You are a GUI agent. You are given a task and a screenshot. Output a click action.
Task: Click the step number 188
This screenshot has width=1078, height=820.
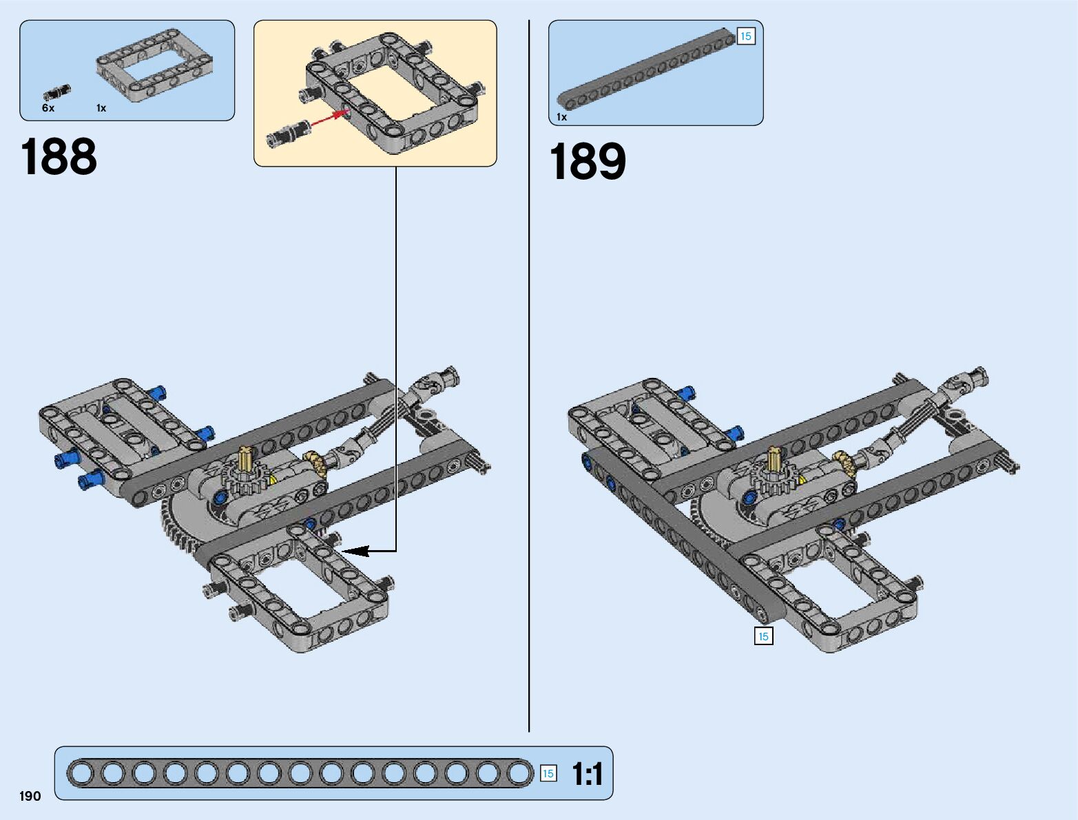click(59, 157)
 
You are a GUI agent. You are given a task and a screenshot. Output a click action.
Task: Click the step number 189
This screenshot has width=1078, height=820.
click(588, 162)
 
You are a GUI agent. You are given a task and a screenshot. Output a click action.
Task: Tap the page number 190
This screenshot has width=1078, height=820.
click(30, 797)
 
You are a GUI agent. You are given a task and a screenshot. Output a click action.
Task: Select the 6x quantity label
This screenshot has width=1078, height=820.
click(48, 108)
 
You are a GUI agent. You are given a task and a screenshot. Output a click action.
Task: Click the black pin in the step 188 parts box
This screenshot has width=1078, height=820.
click(57, 92)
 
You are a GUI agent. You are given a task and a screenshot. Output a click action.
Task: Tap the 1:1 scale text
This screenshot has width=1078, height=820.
click(588, 774)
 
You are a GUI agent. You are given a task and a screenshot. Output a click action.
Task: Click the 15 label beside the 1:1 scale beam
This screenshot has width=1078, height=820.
click(548, 774)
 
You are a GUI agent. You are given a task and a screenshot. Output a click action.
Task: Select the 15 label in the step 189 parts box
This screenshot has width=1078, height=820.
click(746, 36)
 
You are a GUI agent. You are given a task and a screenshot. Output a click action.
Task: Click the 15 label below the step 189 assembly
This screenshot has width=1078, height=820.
click(763, 636)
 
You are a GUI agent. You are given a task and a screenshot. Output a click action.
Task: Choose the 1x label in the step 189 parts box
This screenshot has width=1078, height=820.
click(562, 117)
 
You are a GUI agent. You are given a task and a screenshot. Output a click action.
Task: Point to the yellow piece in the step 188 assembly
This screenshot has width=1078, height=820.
click(273, 480)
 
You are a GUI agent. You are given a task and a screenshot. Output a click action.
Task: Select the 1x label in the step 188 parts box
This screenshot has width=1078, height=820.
click(101, 108)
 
